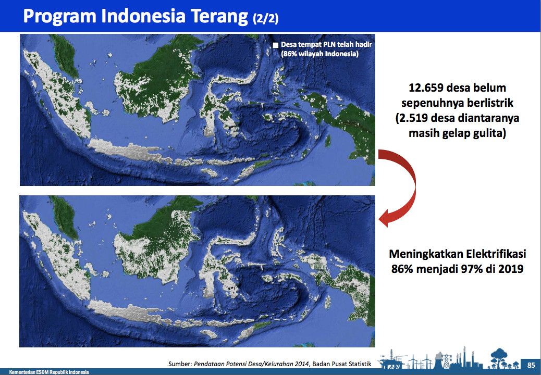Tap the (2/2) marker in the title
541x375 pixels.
point(265,18)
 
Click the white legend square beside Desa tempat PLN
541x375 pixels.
point(275,45)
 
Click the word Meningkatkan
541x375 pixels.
point(426,254)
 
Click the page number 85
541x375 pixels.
point(531,365)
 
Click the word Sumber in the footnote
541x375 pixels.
point(179,364)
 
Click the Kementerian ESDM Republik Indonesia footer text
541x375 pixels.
point(49,372)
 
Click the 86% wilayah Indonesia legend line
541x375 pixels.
point(319,54)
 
